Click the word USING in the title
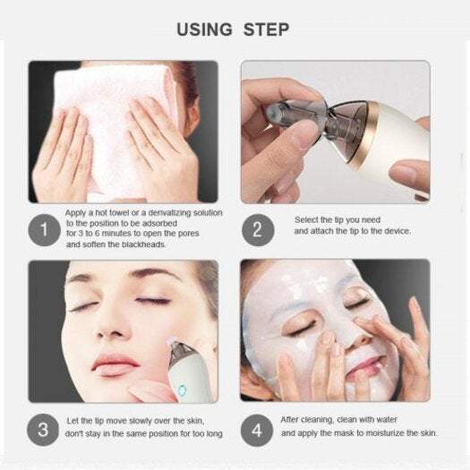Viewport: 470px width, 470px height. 205,30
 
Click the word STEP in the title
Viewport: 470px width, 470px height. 266,30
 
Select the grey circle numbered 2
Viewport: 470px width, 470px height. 257,229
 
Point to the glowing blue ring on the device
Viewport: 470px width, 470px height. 181,391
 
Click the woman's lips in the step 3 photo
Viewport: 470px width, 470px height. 114,362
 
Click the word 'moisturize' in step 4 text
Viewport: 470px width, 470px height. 375,433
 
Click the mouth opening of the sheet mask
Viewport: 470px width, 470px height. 362,366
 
